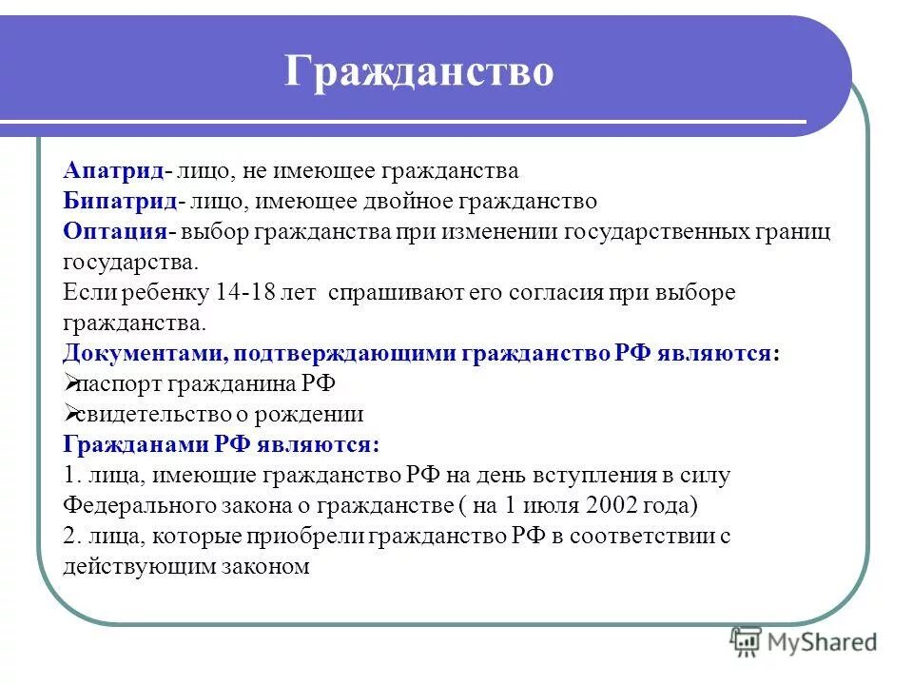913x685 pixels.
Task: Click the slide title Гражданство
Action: pyautogui.click(x=418, y=72)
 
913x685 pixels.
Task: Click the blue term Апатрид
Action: pyautogui.click(x=113, y=171)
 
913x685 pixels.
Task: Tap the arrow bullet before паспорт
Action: pyautogui.click(x=71, y=383)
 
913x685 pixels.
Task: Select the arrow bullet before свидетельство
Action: pyautogui.click(x=71, y=414)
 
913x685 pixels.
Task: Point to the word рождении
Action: pyautogui.click(x=318, y=415)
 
